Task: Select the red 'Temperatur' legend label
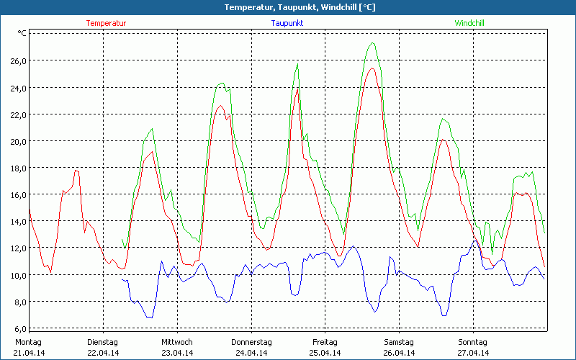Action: click(x=106, y=23)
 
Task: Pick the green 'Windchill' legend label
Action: click(x=469, y=23)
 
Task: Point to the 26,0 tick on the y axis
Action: click(x=17, y=61)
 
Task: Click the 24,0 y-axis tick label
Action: click(x=17, y=88)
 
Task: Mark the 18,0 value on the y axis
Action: click(x=17, y=168)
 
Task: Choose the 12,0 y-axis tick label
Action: click(x=17, y=248)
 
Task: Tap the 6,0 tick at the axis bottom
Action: click(x=19, y=328)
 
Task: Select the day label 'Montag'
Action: click(x=28, y=342)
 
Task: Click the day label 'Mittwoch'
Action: click(x=177, y=342)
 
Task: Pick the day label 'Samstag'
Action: click(x=399, y=342)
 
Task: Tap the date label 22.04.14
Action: click(x=102, y=353)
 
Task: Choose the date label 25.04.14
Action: click(x=325, y=353)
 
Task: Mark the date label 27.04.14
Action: click(x=473, y=353)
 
